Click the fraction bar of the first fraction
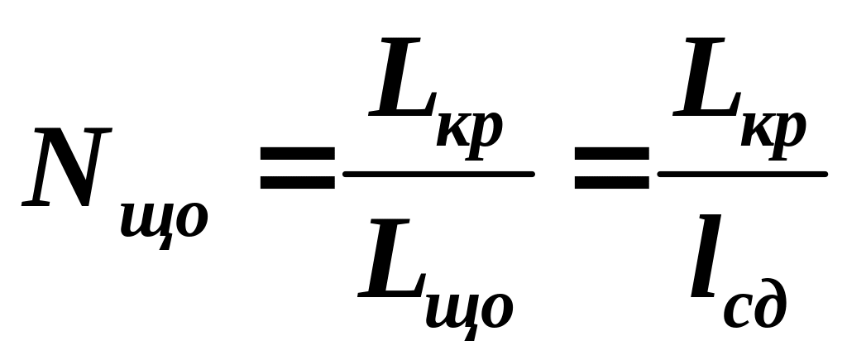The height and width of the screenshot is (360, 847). tap(438, 174)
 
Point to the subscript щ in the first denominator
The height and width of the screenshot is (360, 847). tap(451, 310)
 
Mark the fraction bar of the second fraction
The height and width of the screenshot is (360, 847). tap(742, 174)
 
